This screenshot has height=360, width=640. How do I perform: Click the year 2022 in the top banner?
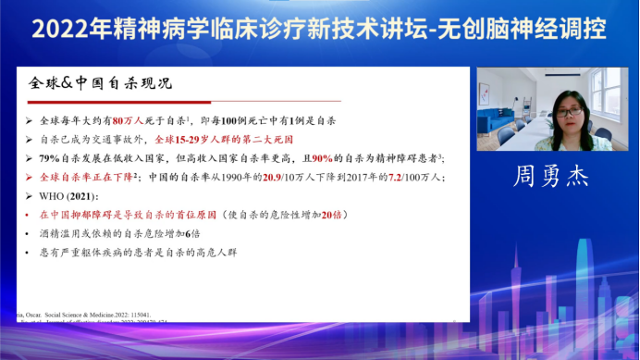click(63, 30)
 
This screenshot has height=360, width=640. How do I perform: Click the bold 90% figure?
click(326, 158)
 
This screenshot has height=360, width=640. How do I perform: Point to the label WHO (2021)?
click(69, 195)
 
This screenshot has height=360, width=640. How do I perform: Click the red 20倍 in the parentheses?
click(332, 214)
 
